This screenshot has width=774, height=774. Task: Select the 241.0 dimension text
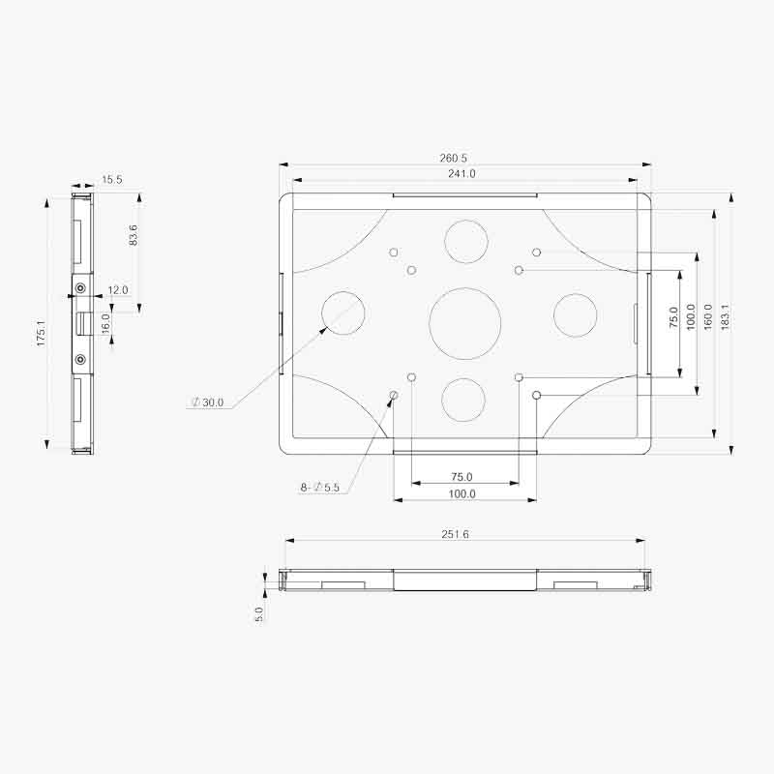point(461,174)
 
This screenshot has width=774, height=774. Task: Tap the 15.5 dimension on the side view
point(112,180)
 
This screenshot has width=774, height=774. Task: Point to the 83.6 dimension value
point(133,235)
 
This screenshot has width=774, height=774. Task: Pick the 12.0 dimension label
point(117,290)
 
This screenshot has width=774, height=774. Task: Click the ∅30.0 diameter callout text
point(207,402)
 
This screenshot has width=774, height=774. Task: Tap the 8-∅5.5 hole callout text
point(319,488)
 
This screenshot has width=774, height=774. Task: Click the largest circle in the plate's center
point(464,323)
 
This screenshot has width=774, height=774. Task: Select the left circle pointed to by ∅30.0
point(343,313)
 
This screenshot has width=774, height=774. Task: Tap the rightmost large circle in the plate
point(575,315)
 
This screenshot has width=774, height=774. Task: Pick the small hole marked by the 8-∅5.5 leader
point(393,395)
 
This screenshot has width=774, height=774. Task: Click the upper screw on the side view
point(80,288)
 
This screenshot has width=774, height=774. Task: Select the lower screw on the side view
point(80,359)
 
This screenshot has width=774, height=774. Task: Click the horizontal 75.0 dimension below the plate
point(461,477)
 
